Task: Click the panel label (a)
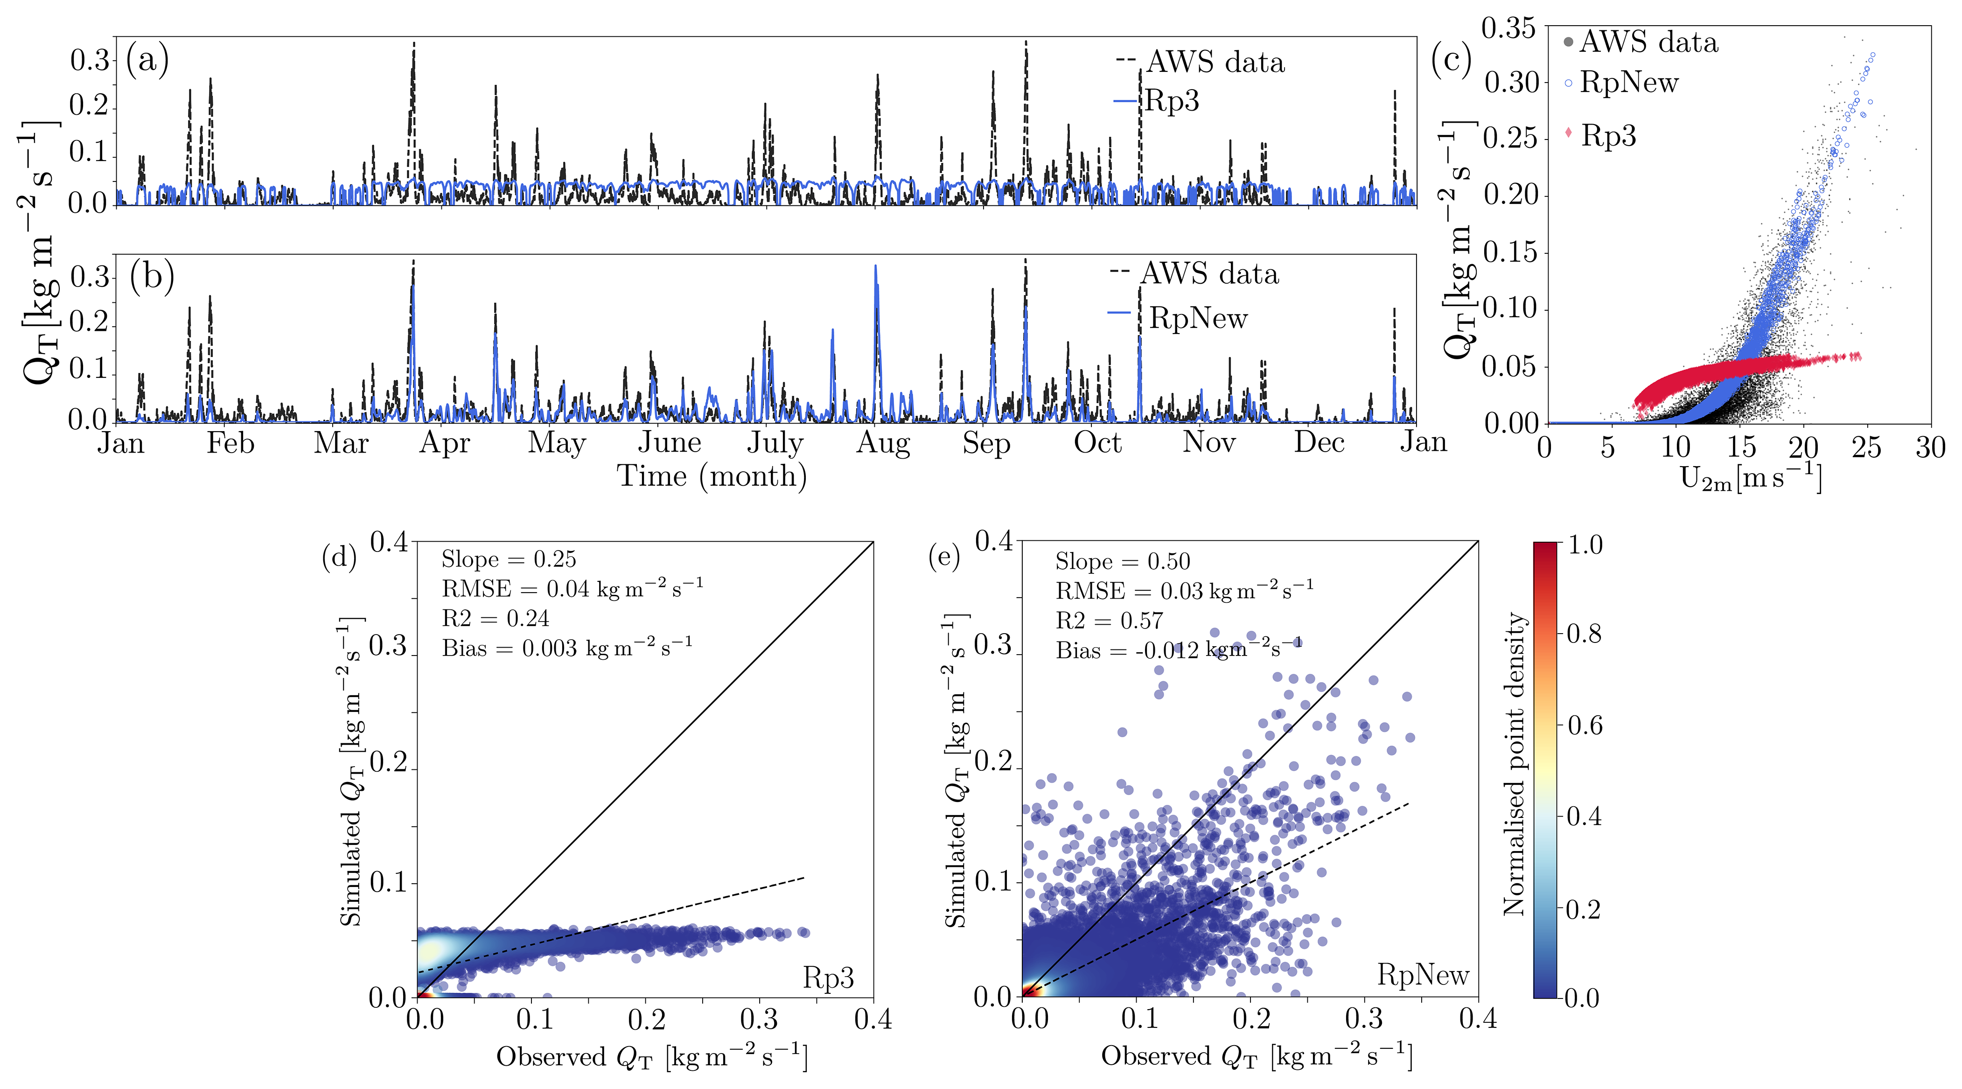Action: pos(147,59)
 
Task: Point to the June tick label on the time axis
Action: pos(670,442)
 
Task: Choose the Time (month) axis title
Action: pos(712,476)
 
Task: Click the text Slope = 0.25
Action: pos(509,560)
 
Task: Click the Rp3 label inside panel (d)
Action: pos(828,978)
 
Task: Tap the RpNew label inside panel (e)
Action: pos(1423,975)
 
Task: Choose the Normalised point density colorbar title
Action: pos(1514,764)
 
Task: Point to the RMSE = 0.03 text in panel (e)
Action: pos(1184,591)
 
